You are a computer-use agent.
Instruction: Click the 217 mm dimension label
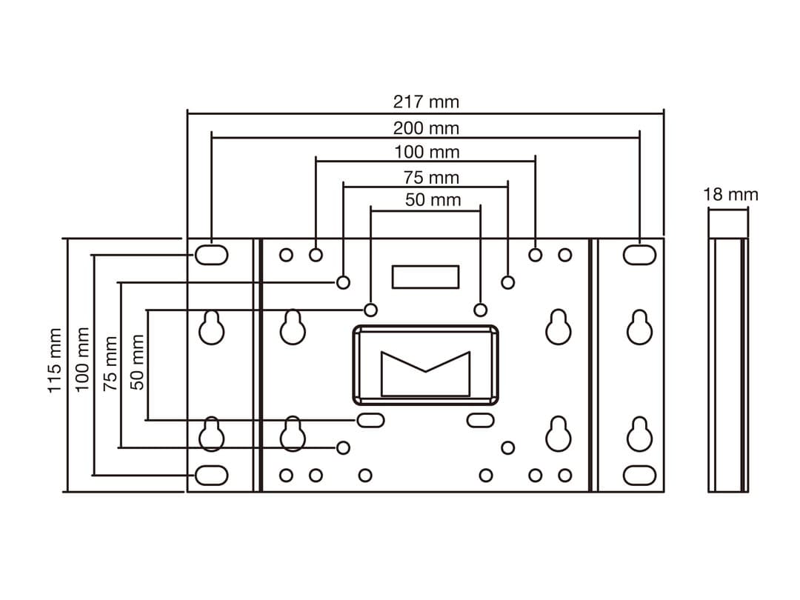point(426,101)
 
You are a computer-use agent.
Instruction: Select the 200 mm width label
point(426,127)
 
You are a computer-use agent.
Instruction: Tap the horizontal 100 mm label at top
point(426,152)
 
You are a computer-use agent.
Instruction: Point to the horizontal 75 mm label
point(431,177)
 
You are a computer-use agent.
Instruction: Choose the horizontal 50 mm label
point(433,199)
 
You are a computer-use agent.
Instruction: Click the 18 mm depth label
point(730,195)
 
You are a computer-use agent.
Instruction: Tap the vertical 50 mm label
point(138,361)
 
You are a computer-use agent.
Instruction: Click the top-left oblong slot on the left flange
point(211,255)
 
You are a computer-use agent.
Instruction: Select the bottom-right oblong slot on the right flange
point(639,475)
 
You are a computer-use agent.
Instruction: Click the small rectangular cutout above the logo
point(425,276)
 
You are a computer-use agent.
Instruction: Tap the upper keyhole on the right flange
point(639,327)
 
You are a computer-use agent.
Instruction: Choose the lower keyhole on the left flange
point(212,435)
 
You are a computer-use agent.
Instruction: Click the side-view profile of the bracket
point(727,364)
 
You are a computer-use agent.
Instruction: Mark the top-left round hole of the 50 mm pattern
point(372,310)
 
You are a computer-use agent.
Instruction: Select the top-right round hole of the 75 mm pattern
point(507,282)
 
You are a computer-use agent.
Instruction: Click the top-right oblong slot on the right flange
point(639,255)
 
